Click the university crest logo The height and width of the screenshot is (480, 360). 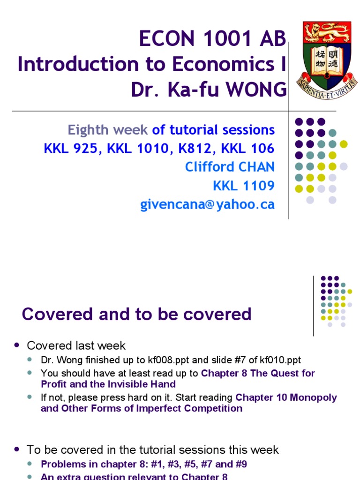coord(327,55)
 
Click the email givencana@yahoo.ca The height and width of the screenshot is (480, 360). coord(207,204)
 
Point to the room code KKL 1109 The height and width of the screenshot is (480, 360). coord(243,186)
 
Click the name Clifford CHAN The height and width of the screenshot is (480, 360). coord(230,167)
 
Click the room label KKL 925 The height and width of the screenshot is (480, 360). coord(72,148)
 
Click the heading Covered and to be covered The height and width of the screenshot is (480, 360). coord(136,314)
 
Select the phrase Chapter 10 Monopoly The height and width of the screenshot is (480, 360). coord(286,397)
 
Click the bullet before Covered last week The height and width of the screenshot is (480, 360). coord(17,345)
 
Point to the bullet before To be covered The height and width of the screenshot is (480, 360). coord(17,449)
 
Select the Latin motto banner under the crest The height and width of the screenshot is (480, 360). coord(327,84)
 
